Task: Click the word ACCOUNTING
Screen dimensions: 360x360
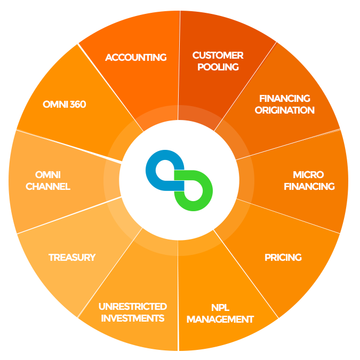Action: [x=136, y=58]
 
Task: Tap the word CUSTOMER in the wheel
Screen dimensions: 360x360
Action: [x=218, y=55]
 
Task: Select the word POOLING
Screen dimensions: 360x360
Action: [x=218, y=67]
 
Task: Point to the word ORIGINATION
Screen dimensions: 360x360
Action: [x=285, y=110]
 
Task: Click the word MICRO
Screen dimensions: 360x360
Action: [x=308, y=175]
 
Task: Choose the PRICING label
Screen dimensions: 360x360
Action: [x=283, y=258]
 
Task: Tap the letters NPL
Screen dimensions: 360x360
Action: [x=220, y=308]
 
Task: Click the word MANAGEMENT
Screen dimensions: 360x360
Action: [x=220, y=319]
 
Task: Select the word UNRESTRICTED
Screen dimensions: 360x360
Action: [x=133, y=307]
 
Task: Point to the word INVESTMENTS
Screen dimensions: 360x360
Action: [x=133, y=318]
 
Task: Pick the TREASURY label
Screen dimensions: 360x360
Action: [x=72, y=258]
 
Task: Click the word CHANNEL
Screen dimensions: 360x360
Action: [x=48, y=187]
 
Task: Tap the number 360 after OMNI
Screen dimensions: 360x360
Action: [x=78, y=105]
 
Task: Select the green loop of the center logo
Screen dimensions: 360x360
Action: [x=208, y=190]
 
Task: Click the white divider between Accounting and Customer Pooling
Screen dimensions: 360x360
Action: [x=179, y=66]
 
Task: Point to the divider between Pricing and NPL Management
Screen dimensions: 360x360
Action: [x=246, y=274]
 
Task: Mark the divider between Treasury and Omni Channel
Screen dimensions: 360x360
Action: [x=69, y=215]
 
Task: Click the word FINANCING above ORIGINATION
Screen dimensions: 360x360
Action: [x=285, y=99]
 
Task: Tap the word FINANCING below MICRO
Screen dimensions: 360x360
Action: [x=309, y=187]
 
